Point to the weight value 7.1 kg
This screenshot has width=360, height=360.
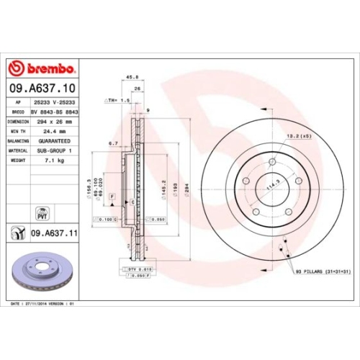click(x=46, y=162)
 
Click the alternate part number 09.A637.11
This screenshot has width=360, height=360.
click(x=53, y=233)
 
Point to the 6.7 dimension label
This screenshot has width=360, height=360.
click(x=114, y=143)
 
